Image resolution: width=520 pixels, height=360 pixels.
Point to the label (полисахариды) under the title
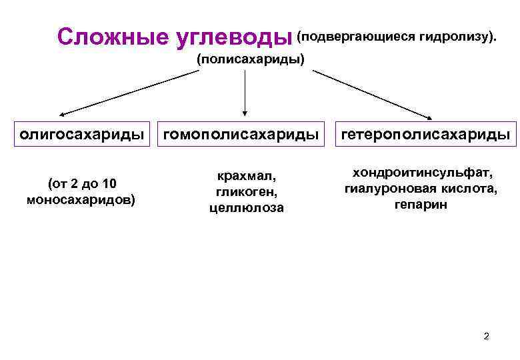(x=250, y=59)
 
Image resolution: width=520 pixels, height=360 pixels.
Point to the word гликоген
(x=245, y=192)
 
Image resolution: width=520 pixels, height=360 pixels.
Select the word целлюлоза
(x=245, y=207)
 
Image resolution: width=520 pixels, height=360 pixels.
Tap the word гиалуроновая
(x=387, y=189)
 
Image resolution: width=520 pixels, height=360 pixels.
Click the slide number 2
(x=486, y=335)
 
